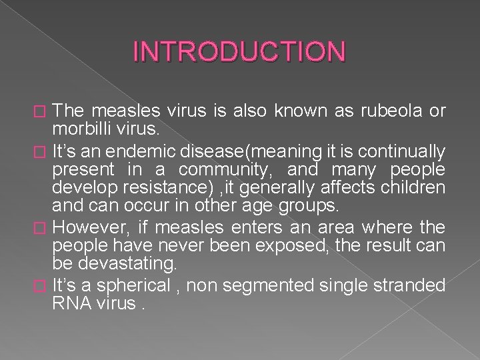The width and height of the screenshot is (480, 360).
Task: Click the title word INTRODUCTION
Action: (x=239, y=51)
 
